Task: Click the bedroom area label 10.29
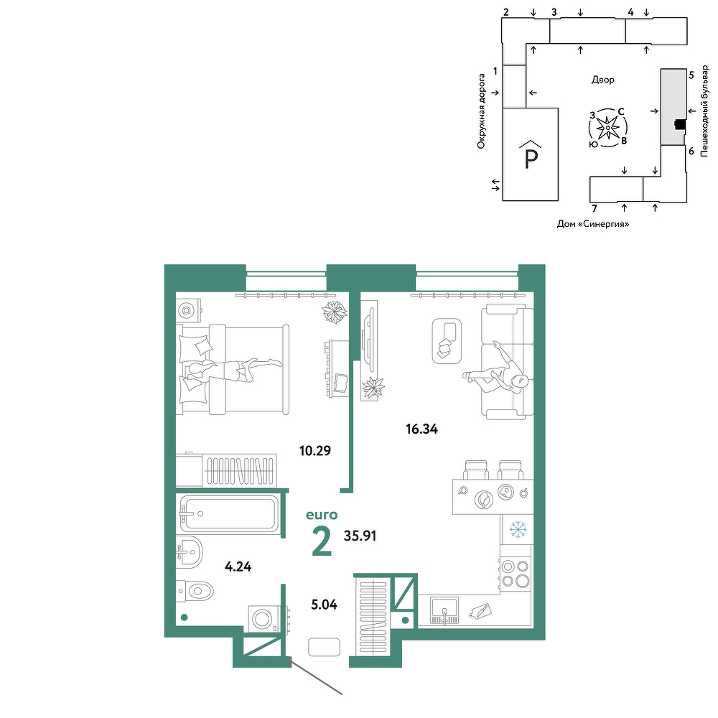(315, 451)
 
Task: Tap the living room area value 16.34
(421, 429)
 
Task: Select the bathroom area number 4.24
(238, 567)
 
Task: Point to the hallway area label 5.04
(325, 605)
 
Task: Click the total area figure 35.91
(360, 536)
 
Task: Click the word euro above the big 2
(322, 515)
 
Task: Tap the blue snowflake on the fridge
(518, 530)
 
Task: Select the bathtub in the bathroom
(229, 514)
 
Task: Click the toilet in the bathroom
(195, 591)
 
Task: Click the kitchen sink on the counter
(444, 611)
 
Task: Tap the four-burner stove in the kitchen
(516, 574)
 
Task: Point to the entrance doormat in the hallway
(325, 647)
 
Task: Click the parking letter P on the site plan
(531, 159)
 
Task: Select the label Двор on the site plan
(603, 80)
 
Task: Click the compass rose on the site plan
(607, 128)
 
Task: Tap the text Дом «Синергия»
(593, 224)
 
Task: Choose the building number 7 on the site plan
(595, 209)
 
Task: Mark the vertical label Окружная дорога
(481, 111)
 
